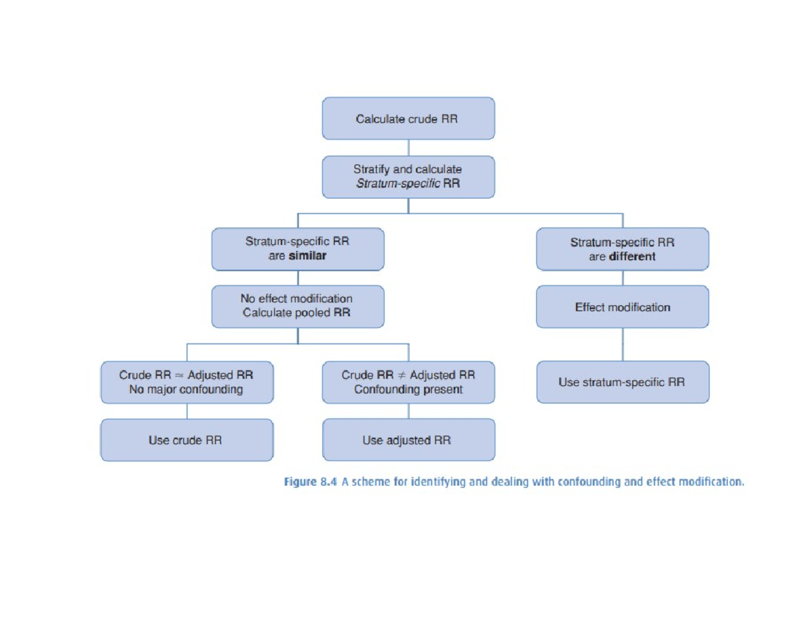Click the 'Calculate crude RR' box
tap(408, 119)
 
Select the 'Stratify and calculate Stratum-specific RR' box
tap(408, 177)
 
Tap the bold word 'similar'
tap(307, 256)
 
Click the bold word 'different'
tap(632, 257)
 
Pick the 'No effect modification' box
tap(297, 306)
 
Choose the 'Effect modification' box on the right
tap(622, 307)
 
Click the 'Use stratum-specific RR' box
tap(622, 382)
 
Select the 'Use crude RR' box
tap(187, 440)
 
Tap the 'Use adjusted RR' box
tap(408, 440)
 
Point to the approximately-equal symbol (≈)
tap(179, 375)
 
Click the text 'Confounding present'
tap(408, 389)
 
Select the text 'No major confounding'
tap(186, 389)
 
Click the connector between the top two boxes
tap(408, 148)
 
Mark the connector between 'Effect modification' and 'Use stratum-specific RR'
tap(623, 344)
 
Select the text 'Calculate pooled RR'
tap(297, 313)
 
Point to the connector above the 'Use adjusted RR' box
tap(409, 411)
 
